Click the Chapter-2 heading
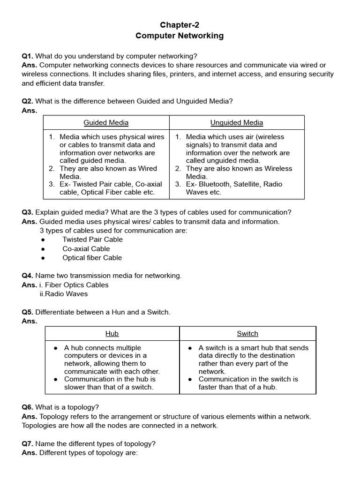point(180,25)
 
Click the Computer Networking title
point(180,36)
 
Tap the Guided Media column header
point(106,123)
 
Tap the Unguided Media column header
point(237,123)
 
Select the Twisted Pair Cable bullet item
point(92,240)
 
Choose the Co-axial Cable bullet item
point(86,249)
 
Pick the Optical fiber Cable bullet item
point(92,258)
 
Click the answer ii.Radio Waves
point(64,294)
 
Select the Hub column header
point(112,334)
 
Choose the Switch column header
point(247,334)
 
